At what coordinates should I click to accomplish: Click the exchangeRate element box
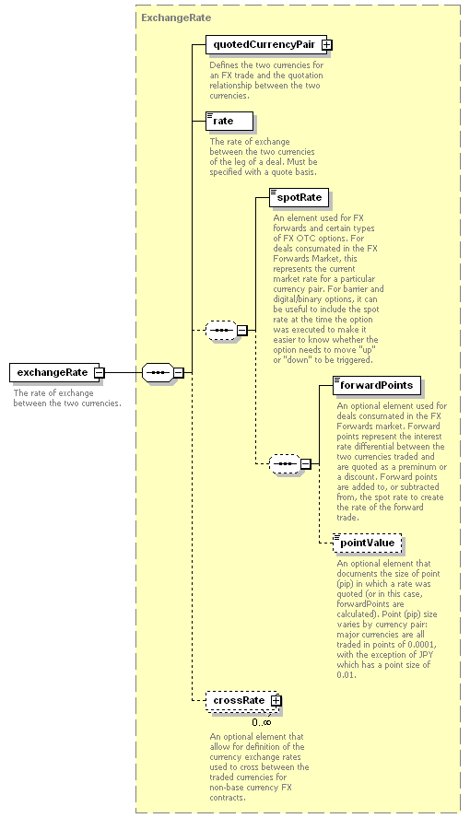click(x=57, y=372)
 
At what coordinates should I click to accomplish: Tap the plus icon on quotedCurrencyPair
click(x=326, y=45)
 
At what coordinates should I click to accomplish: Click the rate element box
click(x=229, y=121)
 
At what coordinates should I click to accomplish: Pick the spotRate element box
click(x=299, y=198)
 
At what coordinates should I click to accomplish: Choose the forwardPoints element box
click(x=377, y=386)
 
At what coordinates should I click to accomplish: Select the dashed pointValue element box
click(x=367, y=543)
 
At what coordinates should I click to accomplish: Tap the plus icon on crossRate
click(x=276, y=701)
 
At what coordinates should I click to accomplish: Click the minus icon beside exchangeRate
click(x=100, y=372)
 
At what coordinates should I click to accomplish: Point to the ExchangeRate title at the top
click(x=176, y=18)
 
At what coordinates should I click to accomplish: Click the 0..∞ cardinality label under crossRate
click(x=262, y=722)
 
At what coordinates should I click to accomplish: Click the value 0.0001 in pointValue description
click(x=422, y=645)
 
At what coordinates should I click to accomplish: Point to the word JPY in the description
click(x=426, y=655)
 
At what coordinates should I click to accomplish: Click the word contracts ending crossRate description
click(x=227, y=798)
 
